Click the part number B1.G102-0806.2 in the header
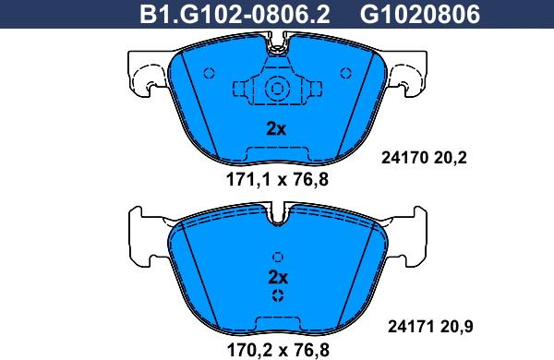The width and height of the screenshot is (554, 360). tap(235, 14)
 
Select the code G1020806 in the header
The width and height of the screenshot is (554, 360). tap(420, 14)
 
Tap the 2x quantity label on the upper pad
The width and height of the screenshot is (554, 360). tap(276, 129)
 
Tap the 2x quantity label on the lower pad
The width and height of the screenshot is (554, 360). tap(278, 277)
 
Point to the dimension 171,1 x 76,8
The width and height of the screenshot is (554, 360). tap(277, 180)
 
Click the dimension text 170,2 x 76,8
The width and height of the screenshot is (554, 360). tap(278, 350)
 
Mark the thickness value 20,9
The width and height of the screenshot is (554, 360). tap(456, 327)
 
